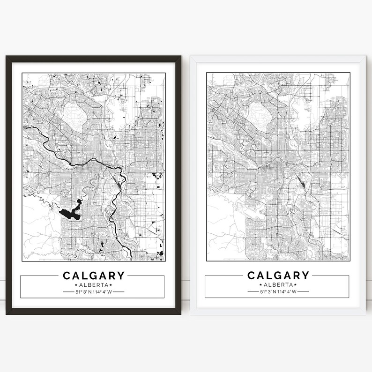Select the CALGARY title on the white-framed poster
tap(278, 275)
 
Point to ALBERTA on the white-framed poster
tap(278, 285)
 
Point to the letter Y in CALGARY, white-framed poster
tap(305, 275)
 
